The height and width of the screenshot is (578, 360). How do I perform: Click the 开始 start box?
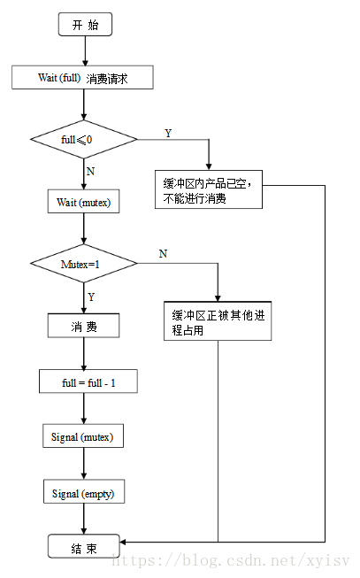85,25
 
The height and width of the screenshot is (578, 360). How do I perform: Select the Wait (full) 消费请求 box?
84,78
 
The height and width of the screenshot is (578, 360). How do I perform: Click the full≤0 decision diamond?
84,139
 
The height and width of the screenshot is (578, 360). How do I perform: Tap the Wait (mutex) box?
84,202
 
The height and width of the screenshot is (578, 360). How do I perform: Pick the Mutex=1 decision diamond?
84,263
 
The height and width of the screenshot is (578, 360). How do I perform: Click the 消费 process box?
84,328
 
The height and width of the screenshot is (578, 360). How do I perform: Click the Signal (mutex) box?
84,437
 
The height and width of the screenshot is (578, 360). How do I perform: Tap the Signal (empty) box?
84,492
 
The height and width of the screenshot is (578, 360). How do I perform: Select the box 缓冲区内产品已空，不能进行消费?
210,189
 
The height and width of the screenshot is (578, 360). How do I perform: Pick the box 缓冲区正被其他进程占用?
218,321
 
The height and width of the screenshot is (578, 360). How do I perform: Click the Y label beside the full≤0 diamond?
168,133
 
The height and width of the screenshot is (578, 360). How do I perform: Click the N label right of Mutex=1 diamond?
163,254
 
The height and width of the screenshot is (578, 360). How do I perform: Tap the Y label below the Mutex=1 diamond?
90,297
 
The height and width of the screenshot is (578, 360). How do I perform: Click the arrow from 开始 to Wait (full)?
84,51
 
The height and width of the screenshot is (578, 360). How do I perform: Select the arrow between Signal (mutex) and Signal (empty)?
84,465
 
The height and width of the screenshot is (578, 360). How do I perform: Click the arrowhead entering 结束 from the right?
126,541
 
